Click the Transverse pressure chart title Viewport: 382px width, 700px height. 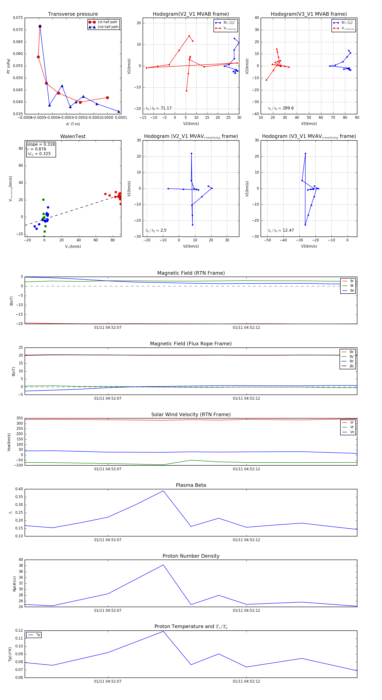click(73, 14)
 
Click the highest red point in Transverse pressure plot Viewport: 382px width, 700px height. click(40, 26)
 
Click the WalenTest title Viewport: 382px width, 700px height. click(73, 136)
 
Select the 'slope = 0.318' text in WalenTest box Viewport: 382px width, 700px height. click(41, 144)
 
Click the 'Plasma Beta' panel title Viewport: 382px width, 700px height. click(191, 485)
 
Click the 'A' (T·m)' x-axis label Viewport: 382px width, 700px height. click(73, 124)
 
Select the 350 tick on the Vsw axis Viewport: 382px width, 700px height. click(20, 418)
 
